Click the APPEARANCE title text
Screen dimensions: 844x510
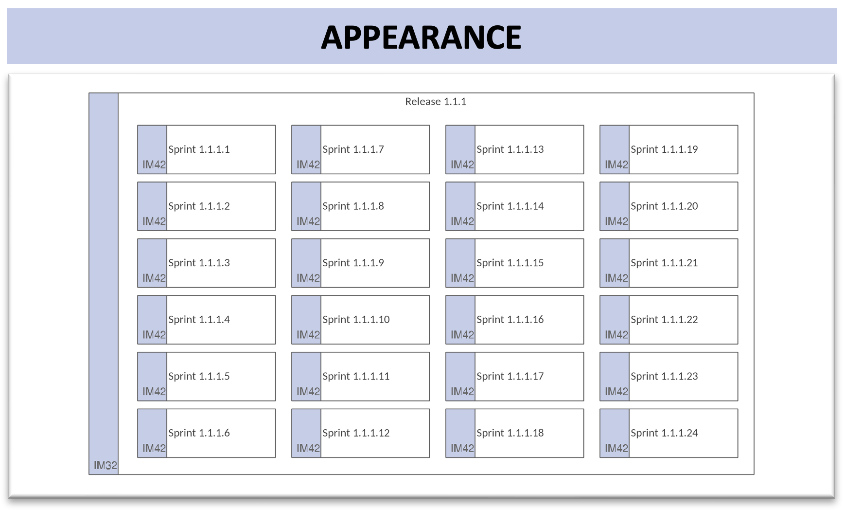tap(421, 37)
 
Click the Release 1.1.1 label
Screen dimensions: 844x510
tap(436, 101)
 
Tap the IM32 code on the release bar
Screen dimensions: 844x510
tap(105, 465)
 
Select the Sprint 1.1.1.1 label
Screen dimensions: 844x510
tap(199, 149)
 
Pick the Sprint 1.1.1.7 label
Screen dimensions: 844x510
tap(353, 149)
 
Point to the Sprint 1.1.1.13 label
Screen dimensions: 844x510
tap(510, 149)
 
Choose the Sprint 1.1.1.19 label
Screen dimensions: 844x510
tap(664, 149)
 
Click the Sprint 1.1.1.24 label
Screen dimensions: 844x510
tap(664, 433)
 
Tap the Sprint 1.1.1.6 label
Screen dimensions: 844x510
tap(199, 433)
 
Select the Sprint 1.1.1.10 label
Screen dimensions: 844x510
tap(356, 320)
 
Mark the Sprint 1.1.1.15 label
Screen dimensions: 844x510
tap(510, 263)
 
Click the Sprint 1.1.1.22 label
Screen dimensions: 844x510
tap(664, 320)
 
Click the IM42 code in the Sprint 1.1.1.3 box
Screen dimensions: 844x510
tap(154, 278)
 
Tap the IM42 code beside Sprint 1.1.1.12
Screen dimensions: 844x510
tap(308, 448)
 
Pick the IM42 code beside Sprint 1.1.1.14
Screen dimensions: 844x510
tap(462, 221)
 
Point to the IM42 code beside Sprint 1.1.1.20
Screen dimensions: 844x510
tap(616, 221)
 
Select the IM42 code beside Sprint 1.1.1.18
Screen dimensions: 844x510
tap(462, 448)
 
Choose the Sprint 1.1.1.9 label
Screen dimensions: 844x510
tap(353, 263)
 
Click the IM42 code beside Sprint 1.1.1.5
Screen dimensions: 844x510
tap(154, 392)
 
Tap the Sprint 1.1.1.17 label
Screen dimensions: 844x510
tap(510, 376)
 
